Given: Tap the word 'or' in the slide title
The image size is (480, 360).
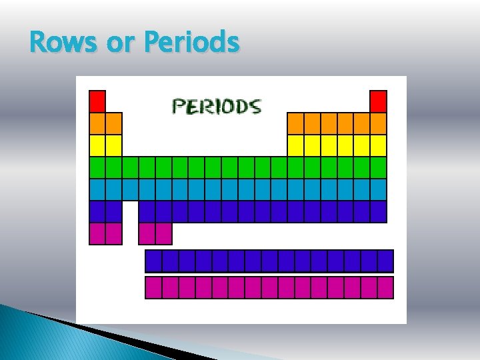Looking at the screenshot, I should tap(121, 43).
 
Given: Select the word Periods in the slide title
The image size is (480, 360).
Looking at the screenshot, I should tap(191, 43).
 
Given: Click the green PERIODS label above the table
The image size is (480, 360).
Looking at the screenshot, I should tap(217, 106).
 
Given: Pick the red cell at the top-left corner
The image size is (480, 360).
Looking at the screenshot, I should tap(97, 101).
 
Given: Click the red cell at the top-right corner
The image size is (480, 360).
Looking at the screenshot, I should tap(378, 101).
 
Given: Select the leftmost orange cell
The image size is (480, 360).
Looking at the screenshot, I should tap(97, 123).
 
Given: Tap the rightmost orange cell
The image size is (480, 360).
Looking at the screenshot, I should tap(378, 123).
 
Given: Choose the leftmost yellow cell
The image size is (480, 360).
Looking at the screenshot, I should tap(97, 145).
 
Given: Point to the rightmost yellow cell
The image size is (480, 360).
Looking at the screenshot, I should tap(378, 145).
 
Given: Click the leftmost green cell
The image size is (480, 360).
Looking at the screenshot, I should tap(97, 167).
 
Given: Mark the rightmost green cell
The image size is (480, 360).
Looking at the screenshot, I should tap(378, 167).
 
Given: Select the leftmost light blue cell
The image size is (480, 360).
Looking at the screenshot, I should tap(97, 189).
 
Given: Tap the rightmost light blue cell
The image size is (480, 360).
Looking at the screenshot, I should tap(378, 189).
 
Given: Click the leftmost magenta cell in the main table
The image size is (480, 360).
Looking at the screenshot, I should tap(97, 233).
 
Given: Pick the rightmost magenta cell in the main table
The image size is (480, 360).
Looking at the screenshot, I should tap(163, 233).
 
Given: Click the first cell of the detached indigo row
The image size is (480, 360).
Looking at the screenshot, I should tap(153, 261).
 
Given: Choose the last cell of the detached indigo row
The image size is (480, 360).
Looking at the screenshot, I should tap(385, 261).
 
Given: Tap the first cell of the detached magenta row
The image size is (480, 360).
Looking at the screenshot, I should tap(153, 287).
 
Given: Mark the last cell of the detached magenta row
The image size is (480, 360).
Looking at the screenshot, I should tap(385, 287).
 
